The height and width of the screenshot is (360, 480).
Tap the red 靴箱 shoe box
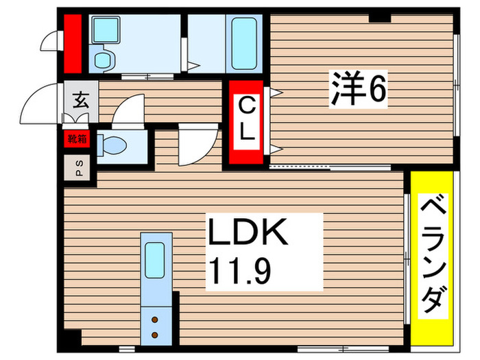click(77, 139)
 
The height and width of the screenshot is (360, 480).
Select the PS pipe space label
click(77, 168)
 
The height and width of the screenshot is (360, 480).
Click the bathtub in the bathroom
click(243, 41)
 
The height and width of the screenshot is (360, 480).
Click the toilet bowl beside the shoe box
click(112, 145)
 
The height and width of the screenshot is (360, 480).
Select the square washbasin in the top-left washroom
click(104, 31)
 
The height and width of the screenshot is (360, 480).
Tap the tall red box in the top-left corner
click(73, 43)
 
